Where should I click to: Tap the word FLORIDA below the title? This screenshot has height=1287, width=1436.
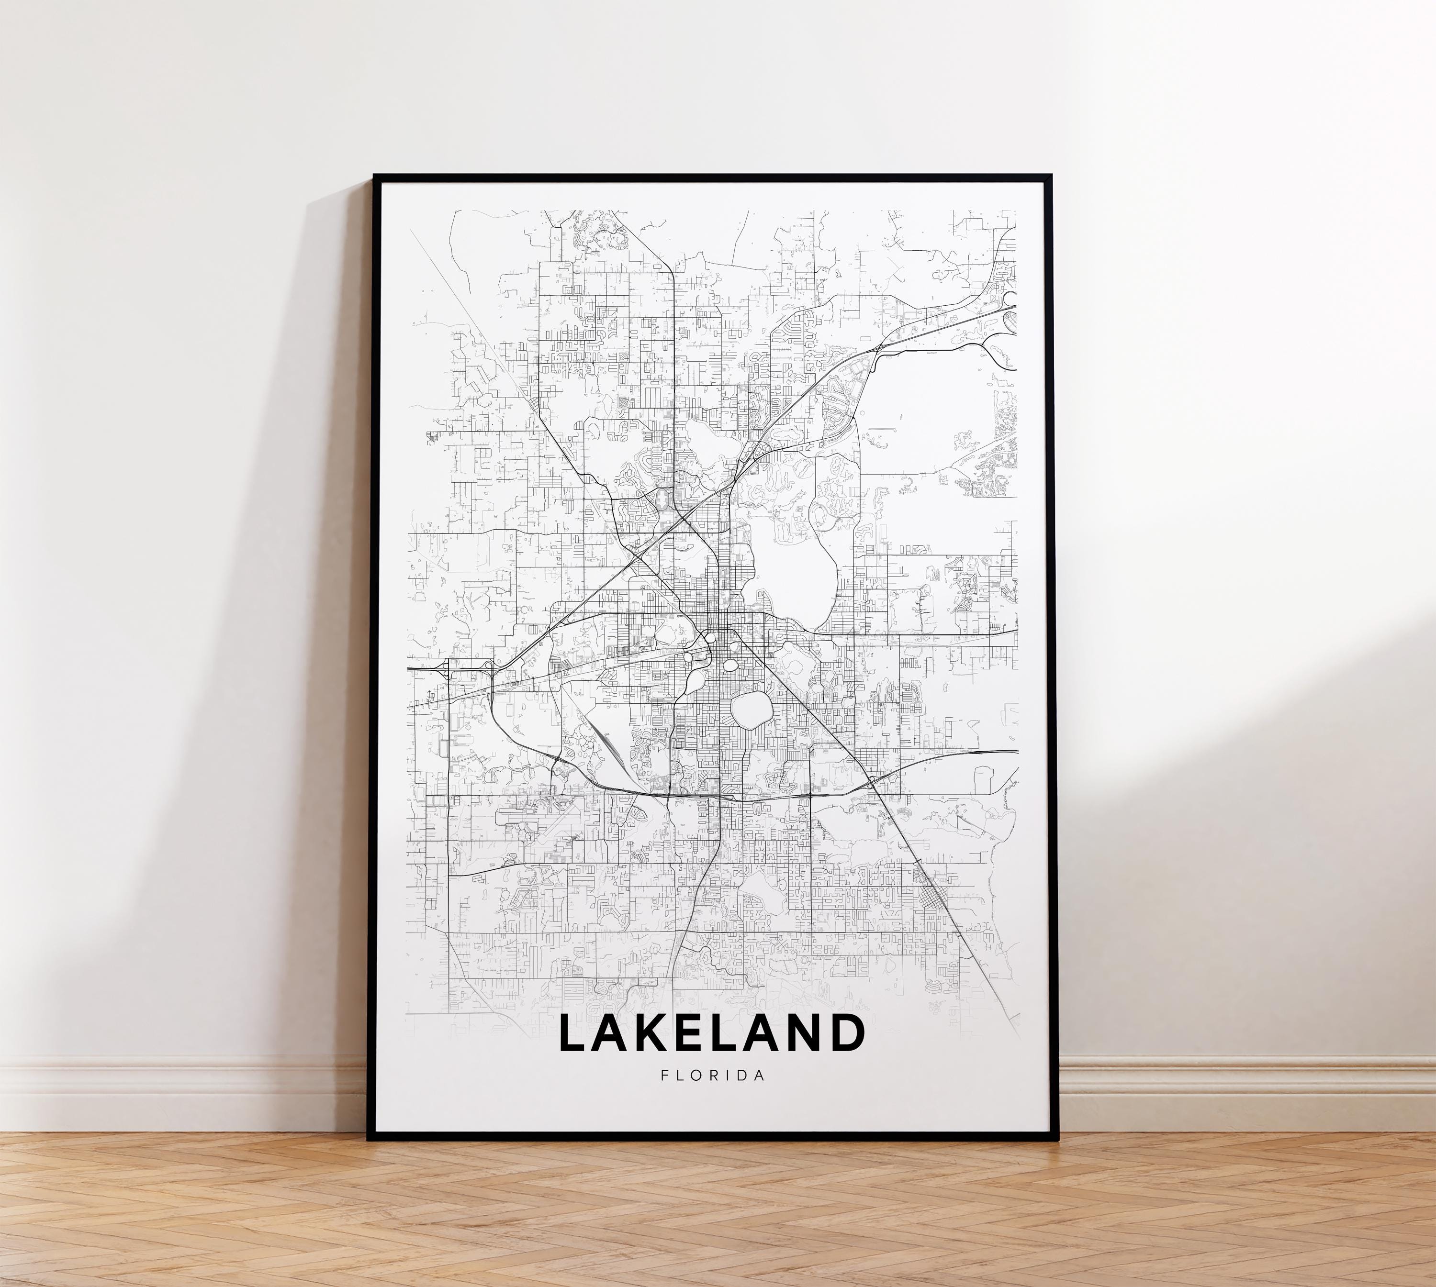(712, 1076)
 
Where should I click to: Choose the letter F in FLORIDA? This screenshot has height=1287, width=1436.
(664, 1076)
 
